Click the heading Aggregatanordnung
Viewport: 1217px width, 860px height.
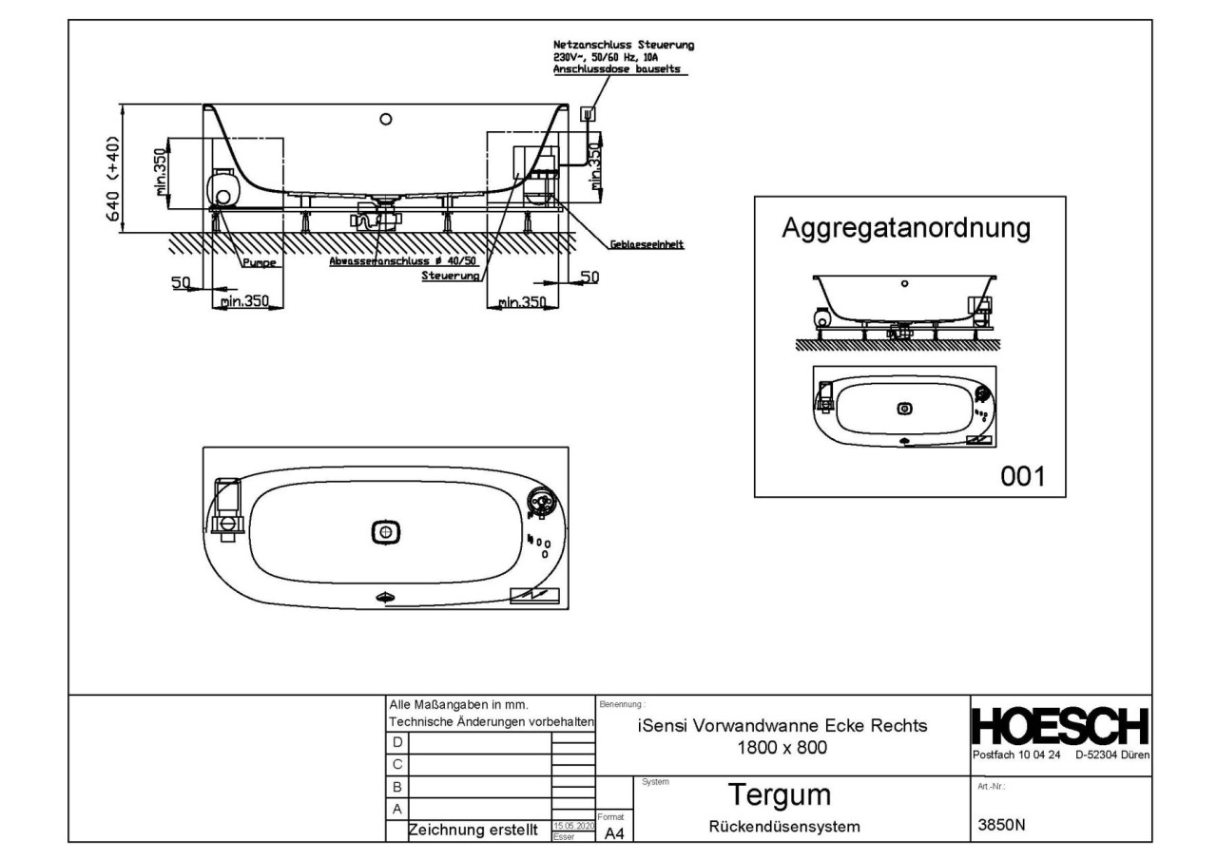(906, 228)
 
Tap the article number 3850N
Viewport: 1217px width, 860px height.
(1002, 826)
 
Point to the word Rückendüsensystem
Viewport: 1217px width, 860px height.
(784, 827)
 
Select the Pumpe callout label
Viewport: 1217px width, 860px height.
(259, 265)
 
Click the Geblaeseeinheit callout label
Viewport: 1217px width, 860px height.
(647, 245)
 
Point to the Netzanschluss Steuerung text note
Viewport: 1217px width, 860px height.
(624, 57)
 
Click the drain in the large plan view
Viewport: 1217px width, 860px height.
(385, 533)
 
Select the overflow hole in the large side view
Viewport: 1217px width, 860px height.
(385, 120)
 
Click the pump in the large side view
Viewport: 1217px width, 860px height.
(224, 187)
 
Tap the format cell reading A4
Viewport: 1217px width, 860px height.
(613, 832)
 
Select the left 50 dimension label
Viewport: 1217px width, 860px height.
(181, 282)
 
